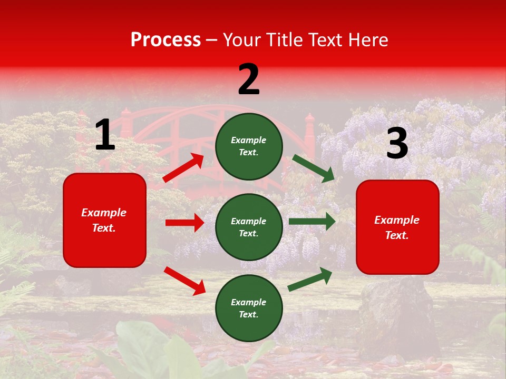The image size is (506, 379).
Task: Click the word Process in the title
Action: tap(166, 39)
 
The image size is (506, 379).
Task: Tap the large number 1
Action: tap(105, 135)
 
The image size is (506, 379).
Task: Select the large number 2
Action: tap(249, 79)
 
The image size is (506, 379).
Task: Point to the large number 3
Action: tap(397, 144)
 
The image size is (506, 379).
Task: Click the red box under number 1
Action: tap(104, 220)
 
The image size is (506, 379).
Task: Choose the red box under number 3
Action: tap(397, 227)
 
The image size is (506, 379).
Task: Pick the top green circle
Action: tap(249, 146)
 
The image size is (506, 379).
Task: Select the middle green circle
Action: tap(249, 227)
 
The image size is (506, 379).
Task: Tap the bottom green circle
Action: tap(249, 308)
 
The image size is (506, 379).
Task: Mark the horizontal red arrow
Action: tap(184, 223)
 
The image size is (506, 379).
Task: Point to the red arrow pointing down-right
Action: tap(184, 281)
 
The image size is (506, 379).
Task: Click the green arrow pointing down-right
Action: tap(314, 168)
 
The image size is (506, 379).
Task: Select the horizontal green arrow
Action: tap(312, 221)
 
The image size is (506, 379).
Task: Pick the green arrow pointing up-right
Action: tap(310, 279)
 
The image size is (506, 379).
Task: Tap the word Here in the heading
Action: tap(368, 40)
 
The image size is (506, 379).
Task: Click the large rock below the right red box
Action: tap(393, 311)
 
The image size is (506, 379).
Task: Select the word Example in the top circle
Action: tap(249, 141)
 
